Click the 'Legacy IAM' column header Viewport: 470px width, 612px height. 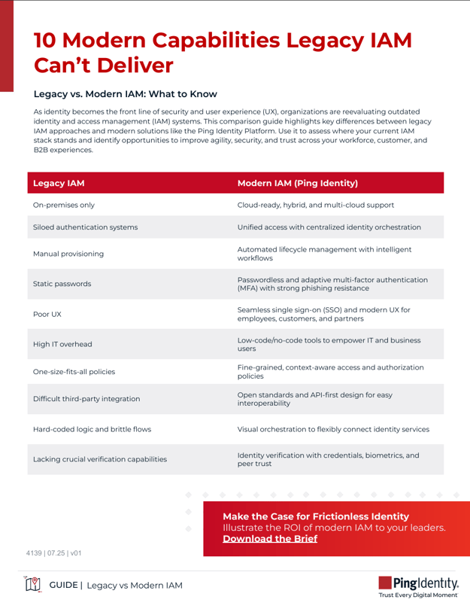tap(59, 182)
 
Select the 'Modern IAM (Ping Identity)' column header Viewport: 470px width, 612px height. tap(297, 182)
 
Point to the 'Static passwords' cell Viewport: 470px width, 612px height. tap(62, 285)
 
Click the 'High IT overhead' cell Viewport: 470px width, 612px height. tap(63, 344)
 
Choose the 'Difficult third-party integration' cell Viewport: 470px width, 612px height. tap(86, 399)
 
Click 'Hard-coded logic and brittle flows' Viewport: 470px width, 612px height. tap(92, 429)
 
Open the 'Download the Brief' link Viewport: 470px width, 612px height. tap(270, 538)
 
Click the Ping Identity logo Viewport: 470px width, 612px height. tap(420, 584)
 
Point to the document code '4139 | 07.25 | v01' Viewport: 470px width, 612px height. tap(53, 553)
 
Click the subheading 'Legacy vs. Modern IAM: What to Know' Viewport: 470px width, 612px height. tap(126, 94)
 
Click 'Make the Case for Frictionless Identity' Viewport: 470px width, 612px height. tap(316, 516)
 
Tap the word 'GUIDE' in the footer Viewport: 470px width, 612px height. tap(65, 585)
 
